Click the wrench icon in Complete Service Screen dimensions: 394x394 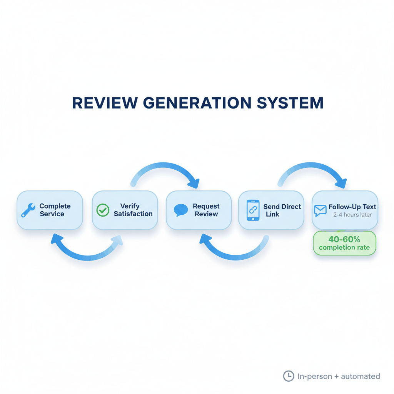click(x=28, y=210)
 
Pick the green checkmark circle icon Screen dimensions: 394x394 click(x=102, y=210)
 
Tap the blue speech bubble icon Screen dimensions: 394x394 click(x=181, y=210)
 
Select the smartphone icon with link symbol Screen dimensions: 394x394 click(x=252, y=210)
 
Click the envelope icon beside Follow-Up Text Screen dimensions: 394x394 click(x=320, y=210)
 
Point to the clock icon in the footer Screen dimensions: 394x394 click(x=288, y=376)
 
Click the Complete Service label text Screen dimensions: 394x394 click(x=55, y=210)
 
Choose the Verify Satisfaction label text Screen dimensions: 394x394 click(x=133, y=210)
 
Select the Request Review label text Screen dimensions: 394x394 click(x=206, y=210)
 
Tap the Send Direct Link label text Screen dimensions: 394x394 click(x=282, y=210)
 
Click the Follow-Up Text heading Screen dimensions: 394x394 click(x=352, y=207)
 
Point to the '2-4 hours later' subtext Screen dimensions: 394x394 click(x=352, y=215)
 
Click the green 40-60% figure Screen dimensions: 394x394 click(x=344, y=239)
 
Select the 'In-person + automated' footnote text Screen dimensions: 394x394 click(x=339, y=376)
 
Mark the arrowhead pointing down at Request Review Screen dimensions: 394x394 click(x=194, y=183)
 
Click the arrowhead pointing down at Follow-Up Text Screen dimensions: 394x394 click(x=341, y=183)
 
